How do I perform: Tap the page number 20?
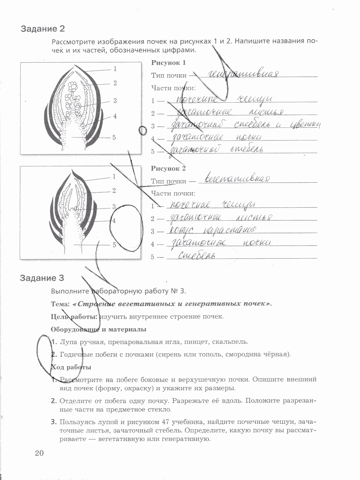(x=39, y=453)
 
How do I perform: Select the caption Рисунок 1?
(x=168, y=63)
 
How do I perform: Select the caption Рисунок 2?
(x=168, y=169)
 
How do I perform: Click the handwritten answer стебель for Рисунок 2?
(x=197, y=256)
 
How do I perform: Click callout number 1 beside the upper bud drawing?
(x=115, y=69)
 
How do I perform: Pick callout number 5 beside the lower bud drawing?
(x=114, y=245)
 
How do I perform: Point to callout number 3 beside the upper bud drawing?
(x=115, y=101)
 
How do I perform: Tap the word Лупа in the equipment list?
(x=69, y=342)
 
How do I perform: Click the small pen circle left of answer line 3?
(x=143, y=130)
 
